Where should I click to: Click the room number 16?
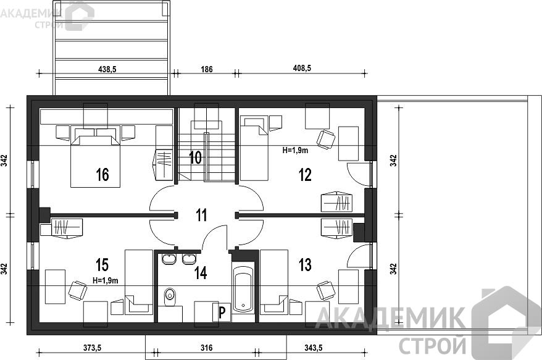102,175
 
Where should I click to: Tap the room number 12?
305,175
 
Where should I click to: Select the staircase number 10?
195,157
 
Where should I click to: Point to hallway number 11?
201,215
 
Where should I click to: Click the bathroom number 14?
201,272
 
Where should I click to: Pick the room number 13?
305,265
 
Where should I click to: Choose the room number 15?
102,265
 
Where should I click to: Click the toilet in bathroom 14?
170,297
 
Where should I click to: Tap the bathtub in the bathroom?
243,288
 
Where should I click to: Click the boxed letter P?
222,312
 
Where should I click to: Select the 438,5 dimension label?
107,69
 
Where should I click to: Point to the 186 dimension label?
207,69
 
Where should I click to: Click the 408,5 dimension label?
302,68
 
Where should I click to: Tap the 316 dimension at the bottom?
207,348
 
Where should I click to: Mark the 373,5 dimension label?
92,348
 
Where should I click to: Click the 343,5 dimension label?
313,348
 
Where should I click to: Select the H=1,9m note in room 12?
295,150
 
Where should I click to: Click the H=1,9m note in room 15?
106,281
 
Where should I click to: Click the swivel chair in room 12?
325,140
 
